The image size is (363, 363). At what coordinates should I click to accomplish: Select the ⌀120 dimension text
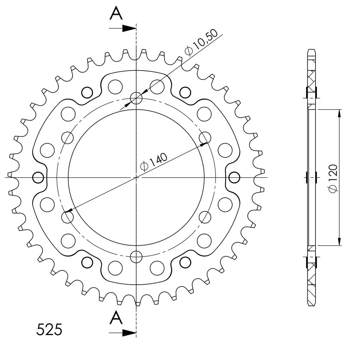pyautogui.click(x=333, y=178)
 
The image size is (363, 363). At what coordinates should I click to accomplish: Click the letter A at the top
pyautogui.click(x=116, y=14)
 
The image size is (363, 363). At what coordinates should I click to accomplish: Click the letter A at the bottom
pyautogui.click(x=116, y=318)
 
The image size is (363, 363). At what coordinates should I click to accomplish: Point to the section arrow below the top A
pyautogui.click(x=122, y=28)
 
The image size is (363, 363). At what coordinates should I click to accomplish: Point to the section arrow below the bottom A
pyautogui.click(x=122, y=333)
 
